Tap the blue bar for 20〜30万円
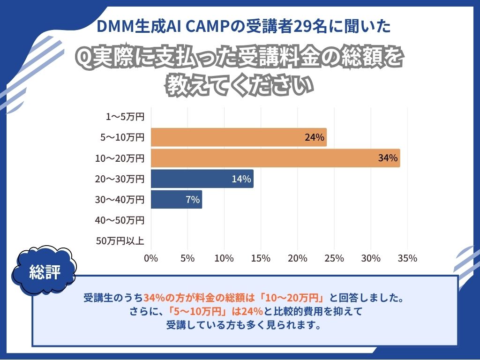(x=202, y=179)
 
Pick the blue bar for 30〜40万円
(x=176, y=199)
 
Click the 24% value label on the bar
(x=314, y=137)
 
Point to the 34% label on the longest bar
(x=388, y=158)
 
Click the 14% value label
(x=241, y=179)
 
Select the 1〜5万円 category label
(x=125, y=117)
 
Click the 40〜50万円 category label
(x=120, y=220)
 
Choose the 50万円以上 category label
(x=120, y=241)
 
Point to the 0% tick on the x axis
(x=151, y=258)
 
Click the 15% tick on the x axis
(x=261, y=258)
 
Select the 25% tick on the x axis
(x=334, y=258)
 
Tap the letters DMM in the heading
(x=112, y=27)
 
